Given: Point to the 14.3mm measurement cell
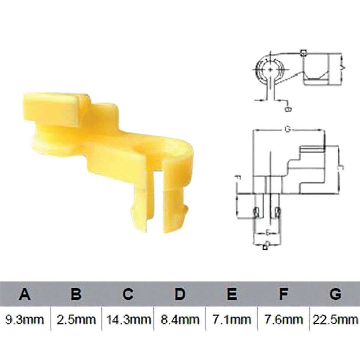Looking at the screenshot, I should pos(128,319).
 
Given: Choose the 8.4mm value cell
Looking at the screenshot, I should pos(180,319).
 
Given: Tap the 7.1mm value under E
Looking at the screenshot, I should pos(231,319).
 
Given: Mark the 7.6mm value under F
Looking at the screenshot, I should pos(283,319).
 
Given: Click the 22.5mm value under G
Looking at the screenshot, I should pos(335,319).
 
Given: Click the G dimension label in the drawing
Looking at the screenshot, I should pos(287,130).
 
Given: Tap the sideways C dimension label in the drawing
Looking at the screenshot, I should pos(340,169).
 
